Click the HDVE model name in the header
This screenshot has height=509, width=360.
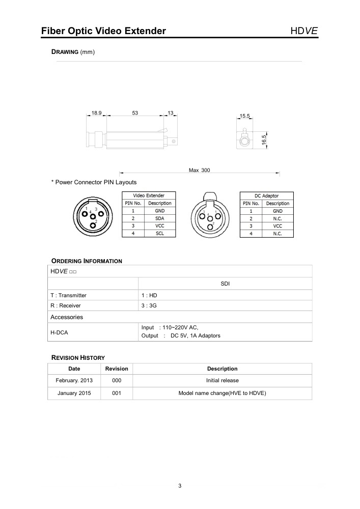tap(304, 31)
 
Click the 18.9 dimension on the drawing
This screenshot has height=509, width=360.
tap(97, 113)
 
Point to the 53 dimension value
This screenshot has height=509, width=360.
tap(135, 113)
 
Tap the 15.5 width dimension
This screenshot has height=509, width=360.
tap(245, 116)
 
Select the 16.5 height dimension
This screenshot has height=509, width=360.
tap(264, 139)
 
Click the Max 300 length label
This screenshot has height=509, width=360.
tap(199, 170)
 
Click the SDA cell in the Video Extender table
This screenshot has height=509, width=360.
tap(159, 218)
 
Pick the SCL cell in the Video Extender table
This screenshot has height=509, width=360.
tap(159, 233)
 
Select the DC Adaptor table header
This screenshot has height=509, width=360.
tap(267, 195)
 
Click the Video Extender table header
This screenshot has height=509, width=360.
tap(149, 195)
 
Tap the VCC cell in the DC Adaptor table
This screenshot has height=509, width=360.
tap(278, 225)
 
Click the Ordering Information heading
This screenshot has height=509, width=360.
tap(87, 261)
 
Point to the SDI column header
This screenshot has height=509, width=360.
tap(225, 284)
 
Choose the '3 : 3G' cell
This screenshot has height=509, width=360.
tap(149, 306)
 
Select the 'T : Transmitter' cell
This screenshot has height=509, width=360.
tap(68, 295)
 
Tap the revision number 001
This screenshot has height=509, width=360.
tap(117, 393)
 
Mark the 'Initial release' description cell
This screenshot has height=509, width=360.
tap(222, 381)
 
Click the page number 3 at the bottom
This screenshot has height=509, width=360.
tap(180, 486)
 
